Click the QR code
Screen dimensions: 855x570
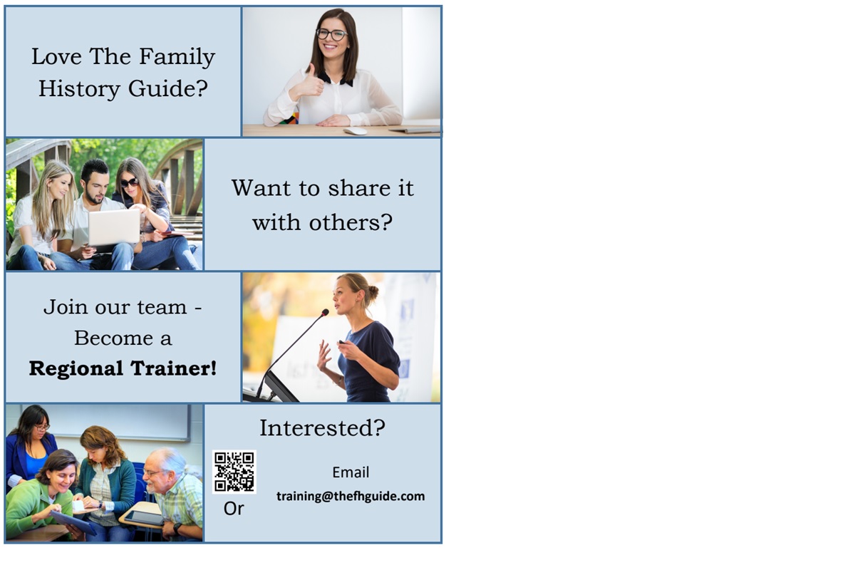click(234, 472)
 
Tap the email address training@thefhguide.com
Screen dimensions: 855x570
click(351, 497)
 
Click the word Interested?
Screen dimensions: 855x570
click(323, 428)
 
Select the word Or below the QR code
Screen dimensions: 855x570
click(234, 509)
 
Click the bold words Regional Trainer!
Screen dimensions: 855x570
click(123, 368)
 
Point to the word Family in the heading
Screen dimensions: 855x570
click(177, 57)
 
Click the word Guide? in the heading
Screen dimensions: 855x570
click(168, 88)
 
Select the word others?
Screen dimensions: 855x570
click(351, 222)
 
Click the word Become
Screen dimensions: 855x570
click(114, 338)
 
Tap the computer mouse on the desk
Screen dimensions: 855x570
click(355, 132)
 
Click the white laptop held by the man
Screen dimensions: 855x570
click(114, 227)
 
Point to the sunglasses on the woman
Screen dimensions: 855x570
click(130, 182)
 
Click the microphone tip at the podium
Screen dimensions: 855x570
click(325, 312)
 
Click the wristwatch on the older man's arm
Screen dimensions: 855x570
click(177, 528)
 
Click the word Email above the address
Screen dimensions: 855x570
click(351, 472)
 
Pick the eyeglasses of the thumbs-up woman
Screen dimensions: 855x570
click(332, 35)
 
